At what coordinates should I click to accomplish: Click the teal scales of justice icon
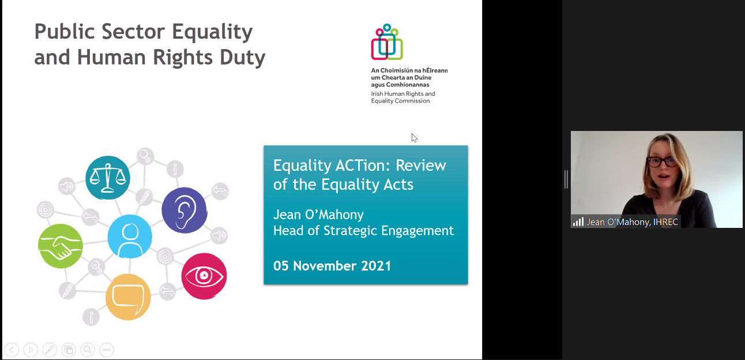click(x=108, y=178)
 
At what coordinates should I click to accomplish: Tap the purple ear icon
click(x=185, y=210)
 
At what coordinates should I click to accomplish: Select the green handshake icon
click(x=61, y=246)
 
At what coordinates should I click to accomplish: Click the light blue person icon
click(x=130, y=237)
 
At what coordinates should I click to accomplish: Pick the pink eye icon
click(x=204, y=276)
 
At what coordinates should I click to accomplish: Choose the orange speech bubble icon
click(x=128, y=297)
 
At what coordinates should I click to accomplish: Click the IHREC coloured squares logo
click(x=387, y=42)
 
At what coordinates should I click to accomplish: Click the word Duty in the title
click(x=242, y=58)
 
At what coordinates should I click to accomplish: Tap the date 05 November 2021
click(x=332, y=266)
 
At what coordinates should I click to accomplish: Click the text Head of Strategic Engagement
click(x=363, y=231)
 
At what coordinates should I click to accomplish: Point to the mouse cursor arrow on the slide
click(x=414, y=138)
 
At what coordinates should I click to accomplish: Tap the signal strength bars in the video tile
click(x=578, y=222)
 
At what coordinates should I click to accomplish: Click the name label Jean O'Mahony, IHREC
click(x=632, y=222)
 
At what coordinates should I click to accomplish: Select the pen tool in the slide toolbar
click(x=50, y=350)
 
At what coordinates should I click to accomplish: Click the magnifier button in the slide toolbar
click(x=88, y=350)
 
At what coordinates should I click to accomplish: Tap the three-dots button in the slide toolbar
click(x=107, y=350)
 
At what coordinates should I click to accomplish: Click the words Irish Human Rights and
click(x=403, y=94)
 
